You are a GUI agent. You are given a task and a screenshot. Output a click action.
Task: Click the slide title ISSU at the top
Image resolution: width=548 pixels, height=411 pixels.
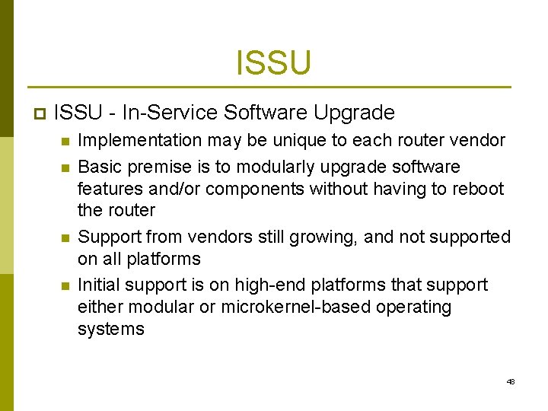click(273, 62)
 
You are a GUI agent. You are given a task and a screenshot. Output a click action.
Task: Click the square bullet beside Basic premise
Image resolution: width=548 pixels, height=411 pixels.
click(65, 167)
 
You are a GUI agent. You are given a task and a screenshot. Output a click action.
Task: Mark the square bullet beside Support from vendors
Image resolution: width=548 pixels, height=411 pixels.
click(65, 238)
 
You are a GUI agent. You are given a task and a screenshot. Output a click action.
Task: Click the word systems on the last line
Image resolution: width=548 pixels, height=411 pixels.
click(111, 329)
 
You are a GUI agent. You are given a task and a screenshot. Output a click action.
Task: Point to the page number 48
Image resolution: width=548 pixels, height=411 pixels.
click(511, 381)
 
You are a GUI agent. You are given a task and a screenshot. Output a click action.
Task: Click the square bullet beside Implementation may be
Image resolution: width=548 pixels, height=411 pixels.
click(65, 142)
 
